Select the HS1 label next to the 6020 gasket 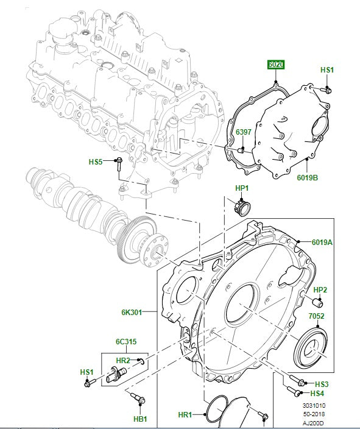(x=327, y=71)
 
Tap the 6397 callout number (x=243, y=132)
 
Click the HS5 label (x=96, y=161)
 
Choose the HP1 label (x=242, y=188)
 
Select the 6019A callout (x=322, y=242)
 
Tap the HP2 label (x=320, y=290)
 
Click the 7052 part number (x=316, y=316)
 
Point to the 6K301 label (x=131, y=313)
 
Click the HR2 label (x=122, y=361)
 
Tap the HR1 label (x=185, y=415)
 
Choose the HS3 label (x=322, y=384)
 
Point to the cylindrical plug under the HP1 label (x=242, y=207)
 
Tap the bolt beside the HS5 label (x=119, y=162)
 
